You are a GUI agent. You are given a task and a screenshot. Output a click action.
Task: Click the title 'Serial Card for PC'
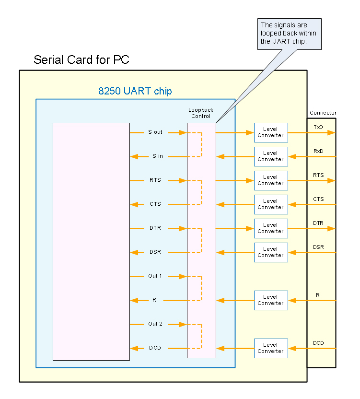pyautogui.click(x=81, y=60)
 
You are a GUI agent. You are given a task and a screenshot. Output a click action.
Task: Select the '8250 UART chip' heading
pyautogui.click(x=135, y=91)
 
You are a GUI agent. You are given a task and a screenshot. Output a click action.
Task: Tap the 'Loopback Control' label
pyautogui.click(x=201, y=113)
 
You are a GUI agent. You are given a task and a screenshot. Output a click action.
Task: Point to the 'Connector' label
pyautogui.click(x=323, y=113)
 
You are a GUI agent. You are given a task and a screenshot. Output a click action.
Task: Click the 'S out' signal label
pyautogui.click(x=155, y=132)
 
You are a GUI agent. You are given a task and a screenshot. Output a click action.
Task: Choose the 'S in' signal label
pyautogui.click(x=158, y=156)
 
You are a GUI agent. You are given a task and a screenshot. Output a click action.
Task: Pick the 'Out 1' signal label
pyautogui.click(x=155, y=276)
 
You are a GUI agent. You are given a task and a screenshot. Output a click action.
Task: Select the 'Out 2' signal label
pyautogui.click(x=155, y=324)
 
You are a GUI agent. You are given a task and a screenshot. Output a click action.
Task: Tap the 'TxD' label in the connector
pyautogui.click(x=318, y=127)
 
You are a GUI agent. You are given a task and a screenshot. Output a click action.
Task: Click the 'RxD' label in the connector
pyautogui.click(x=318, y=151)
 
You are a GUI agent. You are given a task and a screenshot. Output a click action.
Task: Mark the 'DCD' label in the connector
pyautogui.click(x=318, y=343)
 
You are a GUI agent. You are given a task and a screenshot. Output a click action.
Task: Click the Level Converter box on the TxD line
pyautogui.click(x=271, y=132)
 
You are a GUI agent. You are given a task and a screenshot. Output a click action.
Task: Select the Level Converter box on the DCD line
pyautogui.click(x=271, y=348)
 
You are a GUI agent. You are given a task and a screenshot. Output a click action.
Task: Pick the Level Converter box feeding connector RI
pyautogui.click(x=271, y=300)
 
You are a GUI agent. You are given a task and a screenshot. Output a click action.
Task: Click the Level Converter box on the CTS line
pyautogui.click(x=271, y=204)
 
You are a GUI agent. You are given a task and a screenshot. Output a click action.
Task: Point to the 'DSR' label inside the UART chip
pyautogui.click(x=155, y=252)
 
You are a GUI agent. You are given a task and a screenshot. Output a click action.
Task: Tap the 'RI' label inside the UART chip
pyautogui.click(x=155, y=300)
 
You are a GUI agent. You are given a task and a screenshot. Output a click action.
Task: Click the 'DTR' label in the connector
pyautogui.click(x=318, y=223)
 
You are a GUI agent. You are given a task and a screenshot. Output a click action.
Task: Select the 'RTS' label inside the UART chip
pyautogui.click(x=155, y=180)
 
